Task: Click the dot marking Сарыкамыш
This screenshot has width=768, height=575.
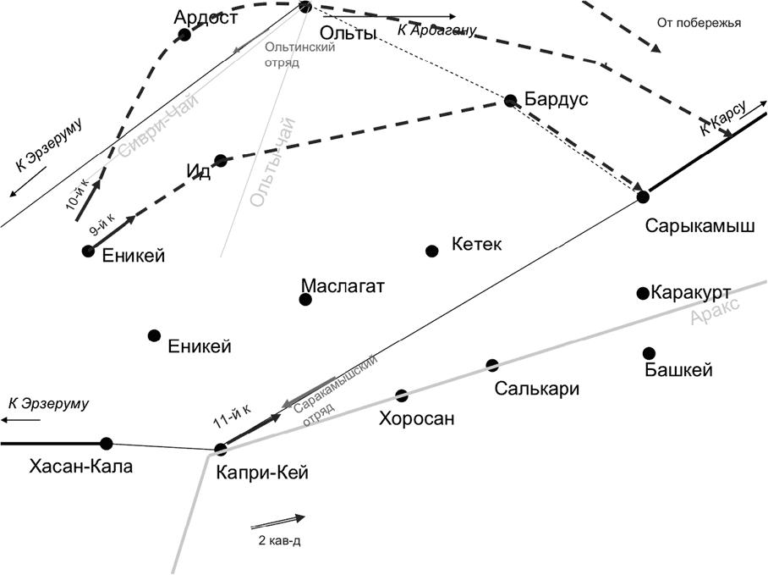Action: (x=643, y=197)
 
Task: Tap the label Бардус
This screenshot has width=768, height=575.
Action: (x=556, y=99)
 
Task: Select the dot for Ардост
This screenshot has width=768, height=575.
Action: (x=184, y=35)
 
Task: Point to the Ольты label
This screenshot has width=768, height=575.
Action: (x=348, y=33)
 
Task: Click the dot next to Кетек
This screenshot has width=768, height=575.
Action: (x=431, y=251)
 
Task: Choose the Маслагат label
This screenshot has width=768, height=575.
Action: (x=343, y=285)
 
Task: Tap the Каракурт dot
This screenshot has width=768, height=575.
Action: (x=643, y=293)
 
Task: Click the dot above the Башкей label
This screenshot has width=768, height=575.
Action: (x=649, y=353)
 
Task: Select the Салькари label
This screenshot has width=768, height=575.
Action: (x=537, y=389)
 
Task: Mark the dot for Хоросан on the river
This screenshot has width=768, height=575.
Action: (x=402, y=395)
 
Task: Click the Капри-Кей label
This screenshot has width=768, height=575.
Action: (x=262, y=473)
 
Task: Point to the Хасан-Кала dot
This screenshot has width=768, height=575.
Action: (x=107, y=444)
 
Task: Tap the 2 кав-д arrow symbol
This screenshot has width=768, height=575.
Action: (x=277, y=522)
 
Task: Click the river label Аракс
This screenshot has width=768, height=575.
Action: (x=715, y=312)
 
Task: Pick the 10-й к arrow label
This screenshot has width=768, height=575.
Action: (x=77, y=194)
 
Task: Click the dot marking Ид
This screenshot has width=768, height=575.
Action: (x=221, y=160)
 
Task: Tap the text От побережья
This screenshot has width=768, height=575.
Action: (x=699, y=23)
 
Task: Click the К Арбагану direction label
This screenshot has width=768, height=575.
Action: (x=436, y=30)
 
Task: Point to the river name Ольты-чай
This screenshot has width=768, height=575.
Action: (x=273, y=163)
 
